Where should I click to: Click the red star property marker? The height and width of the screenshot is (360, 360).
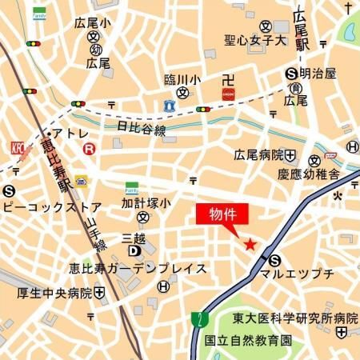coord(250,244)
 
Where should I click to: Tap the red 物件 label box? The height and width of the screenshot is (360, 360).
coord(222,215)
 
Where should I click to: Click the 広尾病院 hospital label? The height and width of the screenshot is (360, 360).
coord(259,154)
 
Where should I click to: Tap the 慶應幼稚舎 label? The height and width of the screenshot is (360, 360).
coord(309,174)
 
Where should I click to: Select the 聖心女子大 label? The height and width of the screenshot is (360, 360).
coord(254,37)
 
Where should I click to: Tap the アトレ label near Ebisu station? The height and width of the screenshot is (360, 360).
coord(70,134)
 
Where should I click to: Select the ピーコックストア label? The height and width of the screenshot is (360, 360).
coord(62,206)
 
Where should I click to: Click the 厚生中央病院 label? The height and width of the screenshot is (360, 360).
coord(54,293)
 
